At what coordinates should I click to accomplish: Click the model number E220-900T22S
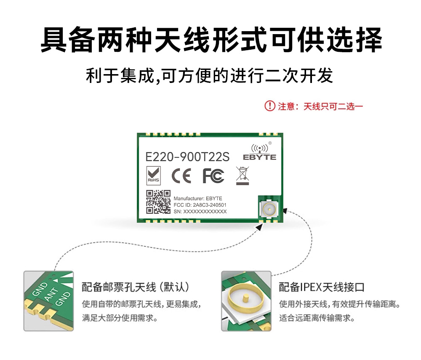(187, 157)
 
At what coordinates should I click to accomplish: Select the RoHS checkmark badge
(154, 176)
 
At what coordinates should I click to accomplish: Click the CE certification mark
(181, 176)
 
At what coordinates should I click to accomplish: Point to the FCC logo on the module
(213, 176)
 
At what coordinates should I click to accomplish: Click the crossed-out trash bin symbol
(242, 176)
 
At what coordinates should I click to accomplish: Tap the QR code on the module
(158, 202)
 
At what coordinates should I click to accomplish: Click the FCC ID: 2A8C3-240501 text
(200, 205)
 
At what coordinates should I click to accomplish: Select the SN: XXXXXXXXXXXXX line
(200, 211)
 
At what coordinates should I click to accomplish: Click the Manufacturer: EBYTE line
(198, 199)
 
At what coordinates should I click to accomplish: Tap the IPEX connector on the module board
(269, 209)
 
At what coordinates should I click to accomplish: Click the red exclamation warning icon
(270, 106)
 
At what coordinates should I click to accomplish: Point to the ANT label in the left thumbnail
(51, 294)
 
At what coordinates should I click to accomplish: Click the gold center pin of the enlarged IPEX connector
(245, 299)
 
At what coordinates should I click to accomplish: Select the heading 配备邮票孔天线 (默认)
(136, 287)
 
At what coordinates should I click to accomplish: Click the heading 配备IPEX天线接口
(322, 287)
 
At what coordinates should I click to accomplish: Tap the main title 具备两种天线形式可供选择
(211, 40)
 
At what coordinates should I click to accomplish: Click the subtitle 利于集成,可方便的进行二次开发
(209, 75)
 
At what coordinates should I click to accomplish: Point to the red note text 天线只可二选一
(333, 107)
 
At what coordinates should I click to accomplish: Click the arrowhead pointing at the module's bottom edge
(259, 227)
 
